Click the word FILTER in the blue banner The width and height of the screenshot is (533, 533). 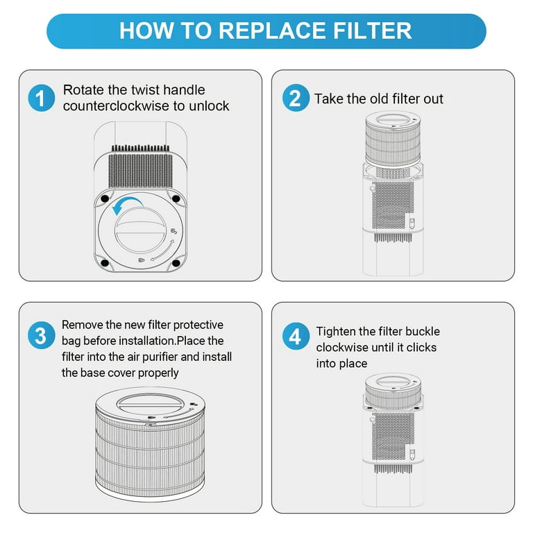pyautogui.click(x=372, y=31)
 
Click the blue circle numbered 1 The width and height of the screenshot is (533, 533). pyautogui.click(x=42, y=98)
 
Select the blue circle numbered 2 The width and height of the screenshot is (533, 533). pyautogui.click(x=296, y=98)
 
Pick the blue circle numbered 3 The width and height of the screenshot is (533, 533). pyautogui.click(x=42, y=335)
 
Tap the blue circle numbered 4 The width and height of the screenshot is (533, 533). pyautogui.click(x=296, y=336)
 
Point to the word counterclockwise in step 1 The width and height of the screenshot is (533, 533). pyautogui.click(x=117, y=106)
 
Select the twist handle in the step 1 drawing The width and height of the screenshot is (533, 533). pyautogui.click(x=141, y=230)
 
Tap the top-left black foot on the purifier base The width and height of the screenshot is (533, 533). pyautogui.click(x=105, y=198)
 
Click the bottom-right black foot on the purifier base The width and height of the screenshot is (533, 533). pyautogui.click(x=176, y=263)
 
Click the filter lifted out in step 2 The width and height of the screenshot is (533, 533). pyautogui.click(x=393, y=139)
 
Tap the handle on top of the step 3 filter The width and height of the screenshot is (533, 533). pyautogui.click(x=151, y=405)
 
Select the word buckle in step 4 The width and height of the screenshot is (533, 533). pyautogui.click(x=423, y=332)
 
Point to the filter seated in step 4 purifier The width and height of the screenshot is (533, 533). pyautogui.click(x=394, y=390)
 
